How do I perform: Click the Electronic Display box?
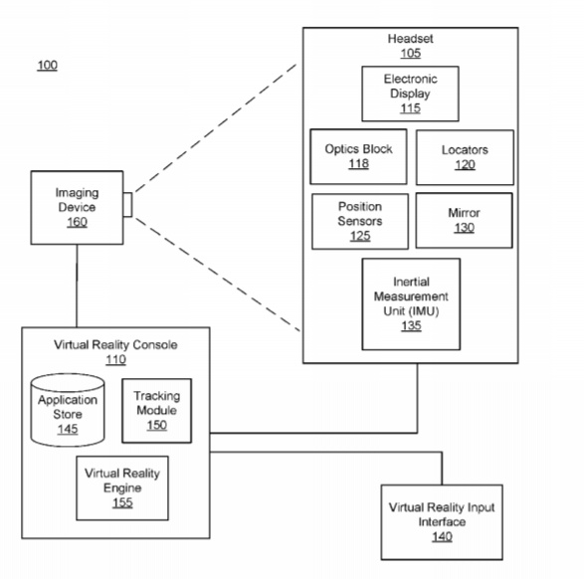click(x=410, y=94)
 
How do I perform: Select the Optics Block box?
click(x=358, y=157)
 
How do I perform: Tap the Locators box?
click(x=465, y=157)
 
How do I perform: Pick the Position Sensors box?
click(x=360, y=221)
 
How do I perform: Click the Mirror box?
click(x=464, y=221)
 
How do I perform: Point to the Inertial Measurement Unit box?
click(x=411, y=304)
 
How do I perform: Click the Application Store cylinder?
click(x=68, y=410)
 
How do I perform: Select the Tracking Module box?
click(x=157, y=411)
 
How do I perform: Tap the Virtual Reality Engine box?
click(x=122, y=487)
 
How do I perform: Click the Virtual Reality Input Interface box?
click(x=442, y=522)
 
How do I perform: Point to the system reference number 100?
click(x=48, y=66)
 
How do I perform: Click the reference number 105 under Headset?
click(x=411, y=54)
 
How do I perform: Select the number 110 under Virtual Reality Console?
click(x=115, y=360)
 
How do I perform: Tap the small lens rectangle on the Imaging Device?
click(x=127, y=204)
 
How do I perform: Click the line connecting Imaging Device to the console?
click(x=77, y=286)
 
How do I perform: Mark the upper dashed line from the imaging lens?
click(x=216, y=128)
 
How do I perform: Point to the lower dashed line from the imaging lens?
click(x=218, y=275)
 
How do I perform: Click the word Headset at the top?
click(x=410, y=39)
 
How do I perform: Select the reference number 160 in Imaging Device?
click(x=77, y=222)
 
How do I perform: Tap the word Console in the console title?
click(x=155, y=345)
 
